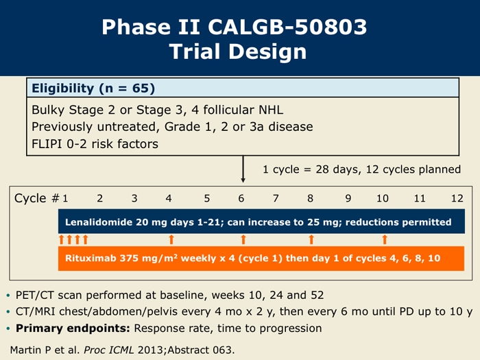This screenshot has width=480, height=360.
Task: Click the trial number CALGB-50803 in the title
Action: coord(287,27)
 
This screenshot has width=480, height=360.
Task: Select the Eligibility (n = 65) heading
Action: coord(93,88)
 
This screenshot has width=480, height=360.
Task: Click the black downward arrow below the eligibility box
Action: coord(243,169)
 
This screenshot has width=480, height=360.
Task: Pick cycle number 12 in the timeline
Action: coord(457,198)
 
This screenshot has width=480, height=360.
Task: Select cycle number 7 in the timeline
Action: coord(276,198)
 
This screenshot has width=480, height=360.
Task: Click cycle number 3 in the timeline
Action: coord(134,198)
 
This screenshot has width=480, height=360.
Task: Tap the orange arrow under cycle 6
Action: coord(243,239)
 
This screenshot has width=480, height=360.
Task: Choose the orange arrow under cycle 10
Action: coord(385,239)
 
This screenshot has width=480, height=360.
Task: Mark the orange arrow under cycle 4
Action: coord(171,239)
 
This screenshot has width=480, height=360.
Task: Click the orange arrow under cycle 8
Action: coord(311,239)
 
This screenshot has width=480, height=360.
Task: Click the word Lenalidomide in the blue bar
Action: coord(99,222)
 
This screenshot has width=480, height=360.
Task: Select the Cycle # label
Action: coord(37,198)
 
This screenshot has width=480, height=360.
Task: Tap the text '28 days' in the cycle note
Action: coord(337,169)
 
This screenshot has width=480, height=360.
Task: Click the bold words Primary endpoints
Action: coord(73,328)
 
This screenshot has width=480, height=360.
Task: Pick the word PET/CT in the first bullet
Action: coord(35,295)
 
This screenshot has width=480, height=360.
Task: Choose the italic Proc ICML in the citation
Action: coord(109,350)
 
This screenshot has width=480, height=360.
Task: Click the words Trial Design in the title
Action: coord(238,51)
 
